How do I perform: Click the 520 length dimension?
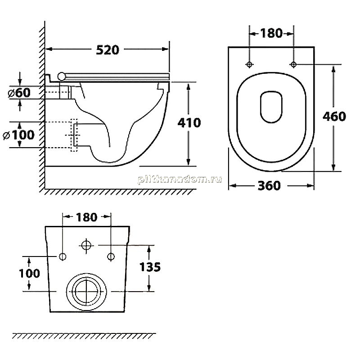(108, 50)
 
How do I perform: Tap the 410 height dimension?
(189, 123)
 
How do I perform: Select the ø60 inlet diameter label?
(19, 93)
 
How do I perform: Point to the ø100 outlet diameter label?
(18, 135)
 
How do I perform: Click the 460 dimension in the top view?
(334, 117)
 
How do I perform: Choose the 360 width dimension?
(269, 185)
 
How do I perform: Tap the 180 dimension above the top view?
(271, 33)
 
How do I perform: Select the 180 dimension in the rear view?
(86, 217)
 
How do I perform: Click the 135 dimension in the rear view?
(150, 267)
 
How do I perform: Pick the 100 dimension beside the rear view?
(29, 274)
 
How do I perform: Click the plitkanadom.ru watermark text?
(180, 179)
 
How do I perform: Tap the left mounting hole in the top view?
(249, 64)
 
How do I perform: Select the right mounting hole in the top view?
(293, 64)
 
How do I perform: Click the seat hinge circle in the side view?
(62, 76)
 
